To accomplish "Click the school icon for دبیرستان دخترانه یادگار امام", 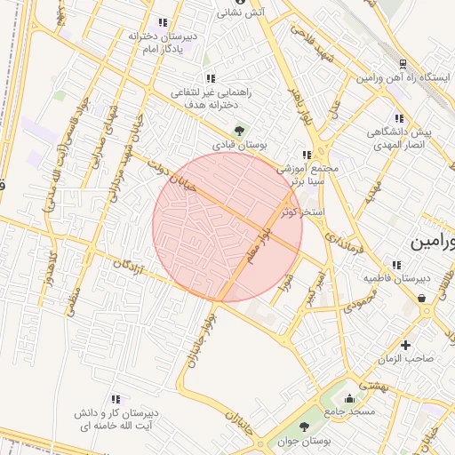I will (161, 23).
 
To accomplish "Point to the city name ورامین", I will (433, 242).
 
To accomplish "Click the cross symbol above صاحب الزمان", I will (406, 345).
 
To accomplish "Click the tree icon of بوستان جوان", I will (303, 427).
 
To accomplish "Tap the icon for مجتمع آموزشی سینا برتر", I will (307, 154).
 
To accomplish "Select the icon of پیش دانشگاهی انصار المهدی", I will (395, 118).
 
